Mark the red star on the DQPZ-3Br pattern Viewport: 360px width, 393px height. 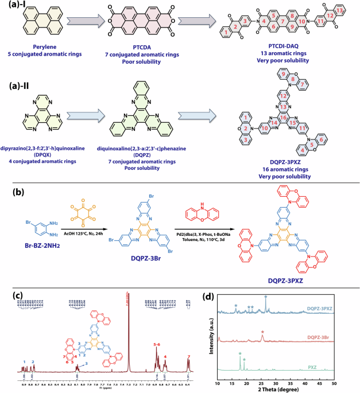pyautogui.click(x=262, y=333)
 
